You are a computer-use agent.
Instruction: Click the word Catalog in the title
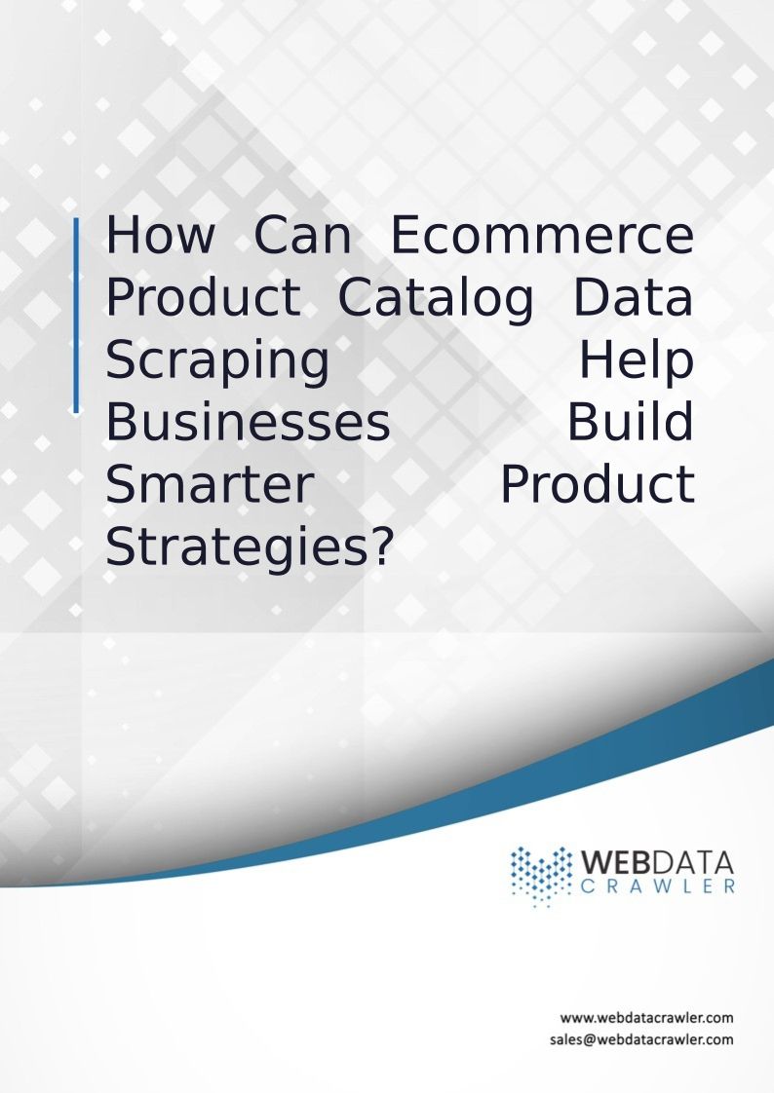pyautogui.click(x=436, y=298)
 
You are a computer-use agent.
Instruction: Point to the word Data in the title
pyautogui.click(x=634, y=298)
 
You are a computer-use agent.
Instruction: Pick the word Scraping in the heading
pyautogui.click(x=217, y=361)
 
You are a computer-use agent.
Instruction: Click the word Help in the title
pyautogui.click(x=637, y=361)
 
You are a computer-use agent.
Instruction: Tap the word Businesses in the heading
pyautogui.click(x=248, y=423)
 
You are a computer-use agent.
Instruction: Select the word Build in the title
pyautogui.click(x=631, y=423)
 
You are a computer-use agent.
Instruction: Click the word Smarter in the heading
pyautogui.click(x=210, y=485)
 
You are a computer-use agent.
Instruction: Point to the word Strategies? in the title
pyautogui.click(x=250, y=548)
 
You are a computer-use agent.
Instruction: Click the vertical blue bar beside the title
pyautogui.click(x=76, y=316)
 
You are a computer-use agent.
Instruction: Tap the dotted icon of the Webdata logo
pyautogui.click(x=540, y=876)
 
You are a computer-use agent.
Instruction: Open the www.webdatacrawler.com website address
pyautogui.click(x=646, y=1018)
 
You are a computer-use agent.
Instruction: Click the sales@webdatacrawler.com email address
pyautogui.click(x=641, y=1039)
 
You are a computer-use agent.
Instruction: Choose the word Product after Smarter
pyautogui.click(x=598, y=485)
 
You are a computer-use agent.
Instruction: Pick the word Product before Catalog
pyautogui.click(x=203, y=298)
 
